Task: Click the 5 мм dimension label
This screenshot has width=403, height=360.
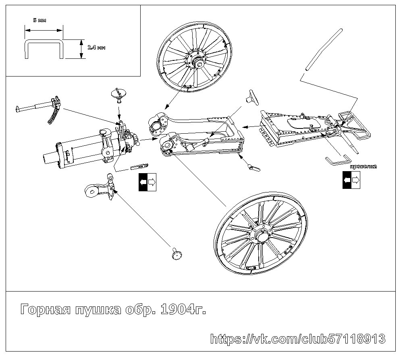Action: coord(39,20)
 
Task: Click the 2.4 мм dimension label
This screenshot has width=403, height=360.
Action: coord(96,48)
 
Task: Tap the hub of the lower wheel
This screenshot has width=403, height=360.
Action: coord(260,235)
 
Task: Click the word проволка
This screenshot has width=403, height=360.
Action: coord(363,166)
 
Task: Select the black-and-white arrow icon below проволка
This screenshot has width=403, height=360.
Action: coord(351,180)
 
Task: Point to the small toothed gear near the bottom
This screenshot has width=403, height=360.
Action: coord(175,254)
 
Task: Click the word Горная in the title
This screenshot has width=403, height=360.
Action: coord(44,310)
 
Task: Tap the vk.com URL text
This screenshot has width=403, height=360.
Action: coord(298,339)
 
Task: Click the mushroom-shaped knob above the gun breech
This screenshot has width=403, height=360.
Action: coord(118,94)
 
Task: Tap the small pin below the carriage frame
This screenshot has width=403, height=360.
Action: coord(252,166)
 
